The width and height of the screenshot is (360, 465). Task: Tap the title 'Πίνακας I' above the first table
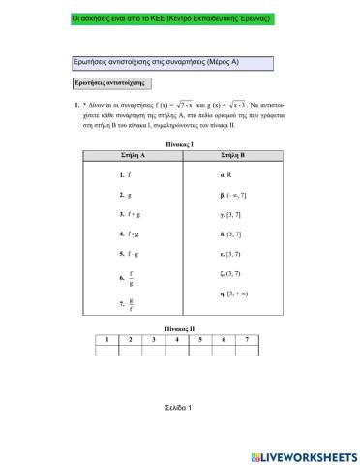[179, 144]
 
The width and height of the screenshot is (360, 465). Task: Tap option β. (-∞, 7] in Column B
[236, 195]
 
